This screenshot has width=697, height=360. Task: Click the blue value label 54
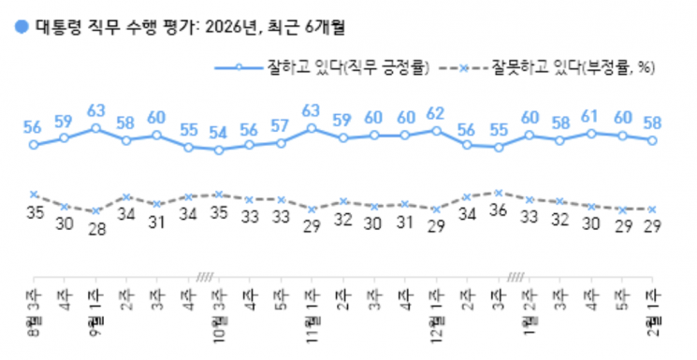[219, 131]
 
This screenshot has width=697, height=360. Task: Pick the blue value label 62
[435, 113]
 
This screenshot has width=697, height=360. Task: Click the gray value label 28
[95, 230]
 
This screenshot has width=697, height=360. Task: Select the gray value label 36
[499, 212]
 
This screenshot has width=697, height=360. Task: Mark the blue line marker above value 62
[436, 130]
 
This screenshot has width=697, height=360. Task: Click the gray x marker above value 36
[499, 193]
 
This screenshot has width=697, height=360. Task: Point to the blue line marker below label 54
[219, 150]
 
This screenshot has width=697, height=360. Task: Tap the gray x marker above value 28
[95, 210]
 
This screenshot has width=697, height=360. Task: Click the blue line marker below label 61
[590, 134]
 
